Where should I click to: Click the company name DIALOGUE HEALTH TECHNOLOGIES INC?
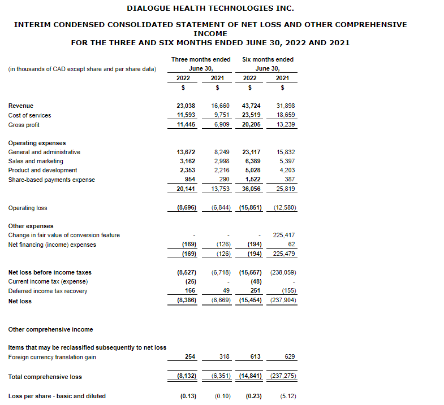tap(210, 8)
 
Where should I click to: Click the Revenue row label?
tap(21, 106)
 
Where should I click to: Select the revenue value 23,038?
tap(187, 106)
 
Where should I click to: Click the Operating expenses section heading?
tap(37, 143)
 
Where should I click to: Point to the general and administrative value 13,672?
tap(187, 152)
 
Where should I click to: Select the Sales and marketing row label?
tap(36, 161)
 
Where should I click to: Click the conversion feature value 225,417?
tap(284, 235)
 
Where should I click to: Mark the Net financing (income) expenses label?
tap(52, 245)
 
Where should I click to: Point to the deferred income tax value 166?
tap(191, 291)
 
